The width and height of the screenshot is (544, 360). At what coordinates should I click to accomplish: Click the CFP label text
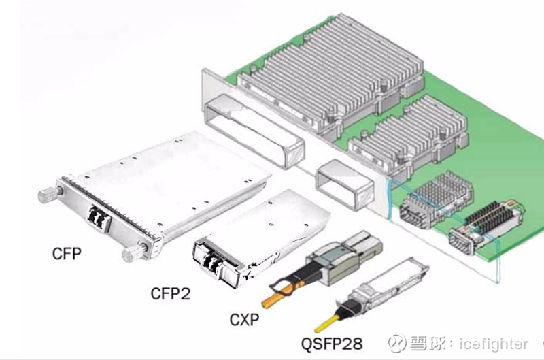(67, 254)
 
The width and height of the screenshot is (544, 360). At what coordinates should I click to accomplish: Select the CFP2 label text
(171, 294)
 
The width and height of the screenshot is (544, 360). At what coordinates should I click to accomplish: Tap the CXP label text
(244, 320)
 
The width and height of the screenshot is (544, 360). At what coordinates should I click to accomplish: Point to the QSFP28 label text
(332, 344)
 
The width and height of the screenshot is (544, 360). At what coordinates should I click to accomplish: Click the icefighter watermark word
(494, 344)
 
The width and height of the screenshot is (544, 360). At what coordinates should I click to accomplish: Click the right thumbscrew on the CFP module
(134, 252)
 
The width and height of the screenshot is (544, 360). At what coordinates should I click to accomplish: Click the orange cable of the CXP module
(278, 295)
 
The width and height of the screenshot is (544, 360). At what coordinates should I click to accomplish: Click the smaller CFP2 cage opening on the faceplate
(344, 184)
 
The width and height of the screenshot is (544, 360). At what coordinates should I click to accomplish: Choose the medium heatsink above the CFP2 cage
(409, 135)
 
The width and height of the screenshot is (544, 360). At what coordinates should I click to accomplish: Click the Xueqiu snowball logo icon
(396, 344)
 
